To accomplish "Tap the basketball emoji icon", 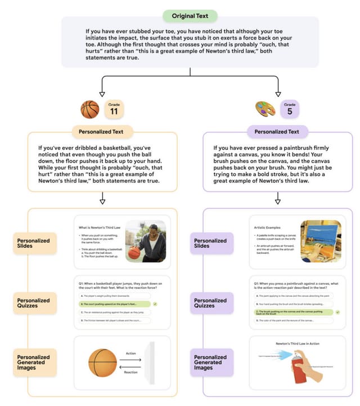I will tap(90, 109).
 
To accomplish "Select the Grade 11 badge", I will tap(114, 109).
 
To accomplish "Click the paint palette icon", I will tap(265, 109).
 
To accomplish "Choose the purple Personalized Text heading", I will tap(278, 132).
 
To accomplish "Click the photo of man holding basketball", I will tap(145, 242).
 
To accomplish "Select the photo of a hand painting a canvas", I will tap(321, 242).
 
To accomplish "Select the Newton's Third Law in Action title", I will tap(298, 343).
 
